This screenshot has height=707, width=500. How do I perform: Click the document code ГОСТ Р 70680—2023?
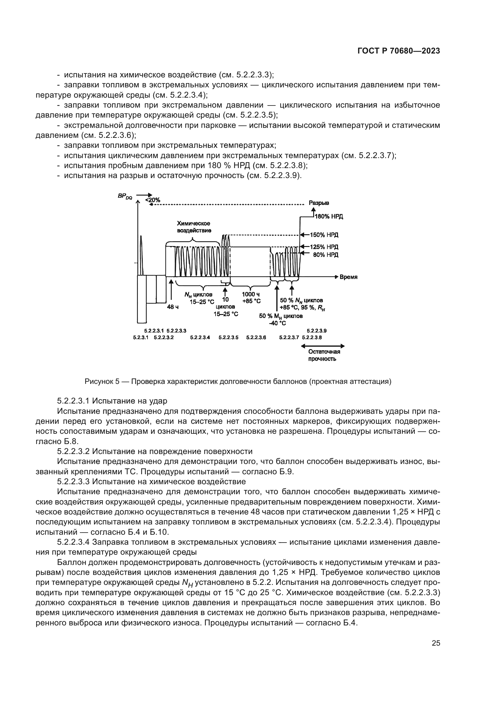pos(399,51)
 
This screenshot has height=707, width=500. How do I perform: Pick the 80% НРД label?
pos(326,255)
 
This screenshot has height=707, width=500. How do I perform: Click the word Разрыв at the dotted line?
pos(319,203)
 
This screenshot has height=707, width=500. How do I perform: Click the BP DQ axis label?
pos(125,196)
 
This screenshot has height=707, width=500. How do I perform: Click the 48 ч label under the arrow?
pos(173,307)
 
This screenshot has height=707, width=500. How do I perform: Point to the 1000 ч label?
pos(251,294)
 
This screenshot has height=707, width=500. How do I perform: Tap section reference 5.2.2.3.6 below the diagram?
pos(256,338)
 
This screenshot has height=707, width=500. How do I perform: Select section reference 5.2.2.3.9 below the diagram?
pos(317,331)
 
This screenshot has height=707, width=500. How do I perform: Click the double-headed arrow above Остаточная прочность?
pos(322,346)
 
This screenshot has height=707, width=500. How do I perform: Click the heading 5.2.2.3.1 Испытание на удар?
pos(112,401)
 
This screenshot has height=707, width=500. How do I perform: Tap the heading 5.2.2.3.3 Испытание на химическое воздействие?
pos(151,482)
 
